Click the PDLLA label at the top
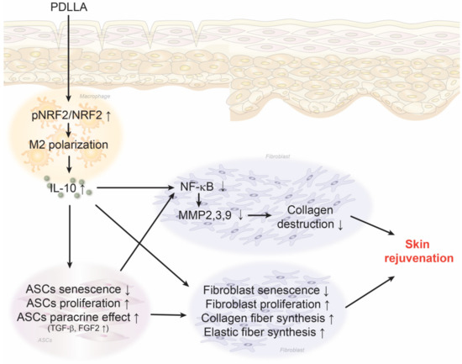click(65, 9)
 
